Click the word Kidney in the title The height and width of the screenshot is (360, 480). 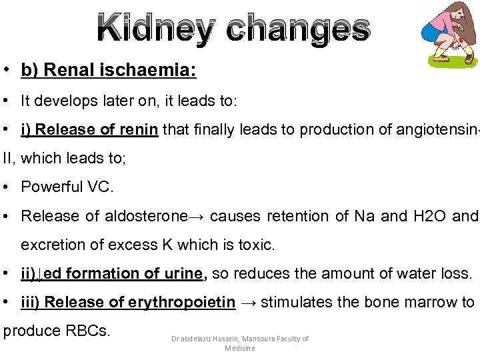point(153,28)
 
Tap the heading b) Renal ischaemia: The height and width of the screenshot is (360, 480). point(109,70)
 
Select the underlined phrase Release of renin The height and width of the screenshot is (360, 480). point(97,129)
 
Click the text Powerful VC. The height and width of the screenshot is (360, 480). point(67,187)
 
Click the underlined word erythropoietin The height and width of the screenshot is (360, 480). point(181,302)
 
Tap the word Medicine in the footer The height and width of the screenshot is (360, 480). point(240,348)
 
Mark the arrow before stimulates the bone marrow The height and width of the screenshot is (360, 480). point(248,302)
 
